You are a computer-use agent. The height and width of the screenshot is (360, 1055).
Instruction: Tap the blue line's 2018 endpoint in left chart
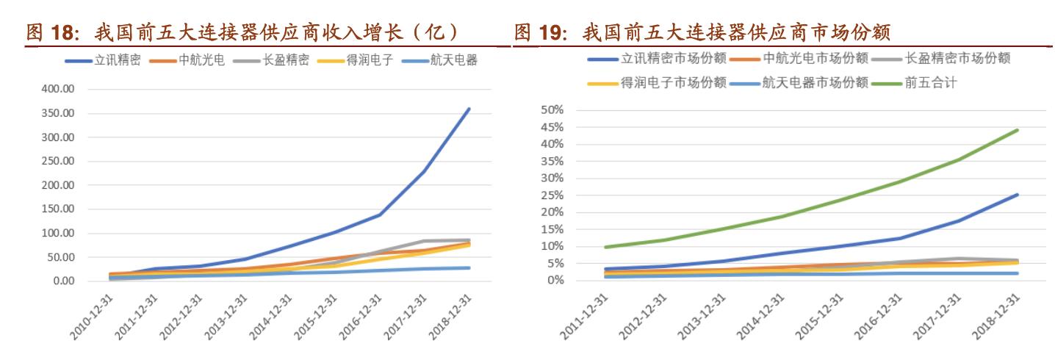[469, 109]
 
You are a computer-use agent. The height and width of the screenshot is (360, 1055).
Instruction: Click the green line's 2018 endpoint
[1017, 130]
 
